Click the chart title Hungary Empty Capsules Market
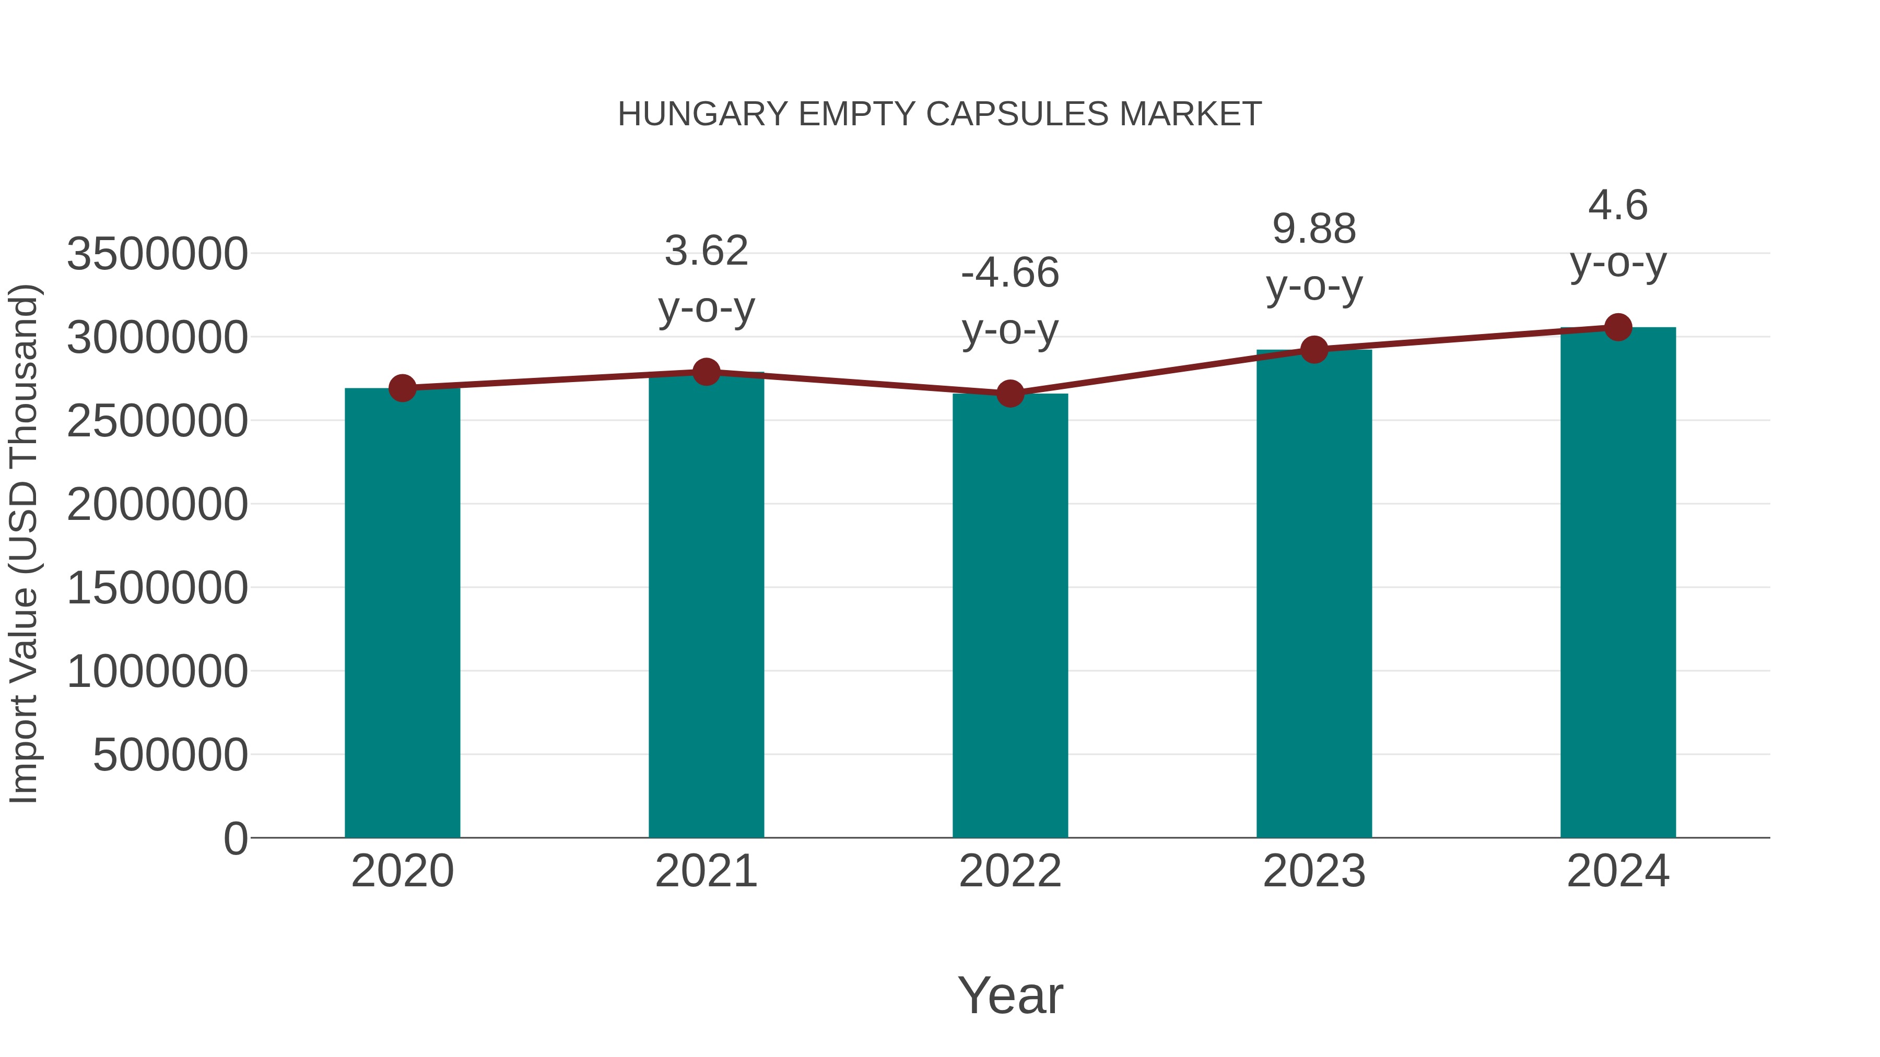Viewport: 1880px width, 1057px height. click(939, 114)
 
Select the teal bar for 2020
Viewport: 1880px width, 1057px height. click(402, 613)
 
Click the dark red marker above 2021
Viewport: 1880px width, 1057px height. click(706, 372)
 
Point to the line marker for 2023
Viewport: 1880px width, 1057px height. click(1314, 350)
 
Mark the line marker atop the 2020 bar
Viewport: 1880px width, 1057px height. click(402, 388)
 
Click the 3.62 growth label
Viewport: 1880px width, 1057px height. click(706, 251)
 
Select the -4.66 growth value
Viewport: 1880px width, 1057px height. click(1010, 273)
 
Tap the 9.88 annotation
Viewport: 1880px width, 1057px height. click(1314, 229)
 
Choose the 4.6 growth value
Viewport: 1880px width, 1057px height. click(1618, 205)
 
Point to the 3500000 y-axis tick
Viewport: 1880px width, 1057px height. click(157, 255)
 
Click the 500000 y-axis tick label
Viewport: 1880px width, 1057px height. click(170, 754)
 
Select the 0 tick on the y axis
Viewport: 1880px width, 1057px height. click(235, 838)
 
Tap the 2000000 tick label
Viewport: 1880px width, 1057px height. click(157, 504)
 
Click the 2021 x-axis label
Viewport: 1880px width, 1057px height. click(706, 871)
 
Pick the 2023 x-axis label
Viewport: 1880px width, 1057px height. click(1314, 871)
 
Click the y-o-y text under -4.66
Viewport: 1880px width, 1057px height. click(1010, 330)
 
